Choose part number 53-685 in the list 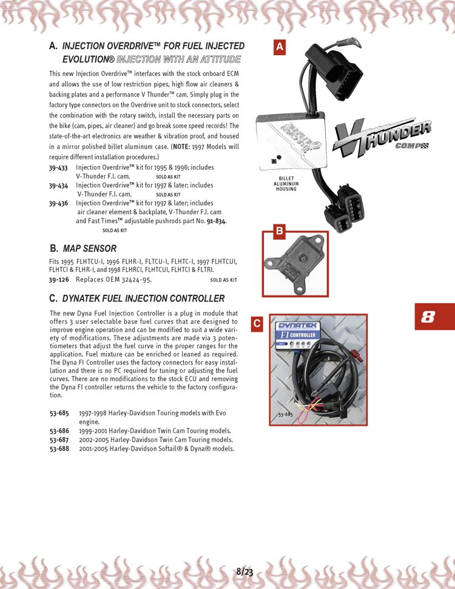coord(59,413)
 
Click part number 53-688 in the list coord(59,449)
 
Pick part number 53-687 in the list coord(59,440)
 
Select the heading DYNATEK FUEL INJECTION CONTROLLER coord(143,298)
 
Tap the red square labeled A coord(280,47)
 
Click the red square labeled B coord(280,231)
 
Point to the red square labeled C coord(257,324)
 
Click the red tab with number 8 coord(434,317)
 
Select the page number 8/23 coord(244,571)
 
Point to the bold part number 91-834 coord(215,221)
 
